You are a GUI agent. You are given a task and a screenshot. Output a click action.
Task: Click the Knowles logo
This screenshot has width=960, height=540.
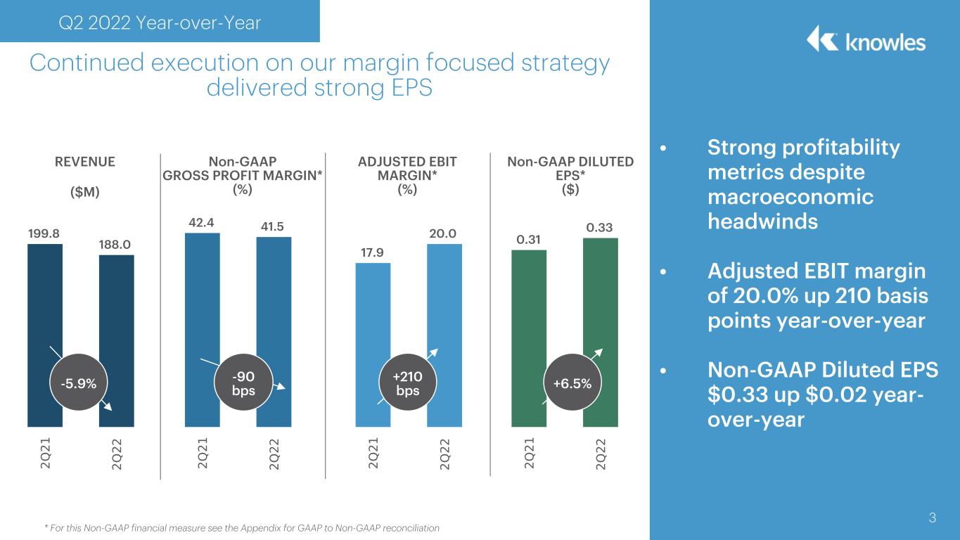[866, 39]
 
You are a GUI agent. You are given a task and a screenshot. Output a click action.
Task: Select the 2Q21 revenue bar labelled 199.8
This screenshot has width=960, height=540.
[45, 300]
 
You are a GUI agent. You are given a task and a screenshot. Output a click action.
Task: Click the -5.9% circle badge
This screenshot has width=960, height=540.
[79, 382]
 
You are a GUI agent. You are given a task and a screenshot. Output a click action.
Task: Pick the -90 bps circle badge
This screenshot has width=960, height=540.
[243, 382]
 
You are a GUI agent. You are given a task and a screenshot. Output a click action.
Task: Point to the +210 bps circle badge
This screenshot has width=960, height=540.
[408, 382]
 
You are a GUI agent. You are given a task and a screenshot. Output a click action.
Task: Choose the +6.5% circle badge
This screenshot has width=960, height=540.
[572, 382]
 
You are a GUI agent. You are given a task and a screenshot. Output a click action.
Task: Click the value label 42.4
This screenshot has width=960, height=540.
[201, 222]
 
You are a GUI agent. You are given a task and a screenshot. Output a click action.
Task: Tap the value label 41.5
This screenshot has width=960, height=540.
[273, 226]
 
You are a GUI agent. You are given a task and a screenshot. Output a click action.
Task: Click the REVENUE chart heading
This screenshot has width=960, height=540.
[85, 162]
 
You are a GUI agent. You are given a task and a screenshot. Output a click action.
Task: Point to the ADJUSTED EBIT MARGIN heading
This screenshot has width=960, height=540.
[407, 169]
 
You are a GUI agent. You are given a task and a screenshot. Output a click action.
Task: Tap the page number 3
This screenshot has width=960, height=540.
[932, 517]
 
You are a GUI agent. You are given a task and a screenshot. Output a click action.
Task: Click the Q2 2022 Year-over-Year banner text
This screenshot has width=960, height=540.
[160, 22]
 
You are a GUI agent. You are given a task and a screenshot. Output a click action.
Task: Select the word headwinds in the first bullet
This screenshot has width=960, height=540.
[763, 221]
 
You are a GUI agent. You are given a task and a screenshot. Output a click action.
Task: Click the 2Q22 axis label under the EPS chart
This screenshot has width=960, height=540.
[601, 454]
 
